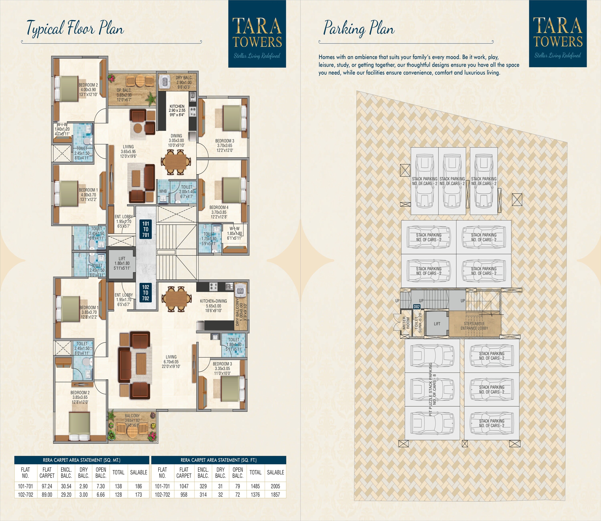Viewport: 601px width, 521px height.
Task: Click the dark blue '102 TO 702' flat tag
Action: (146, 293)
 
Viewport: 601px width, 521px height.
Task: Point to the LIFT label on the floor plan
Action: (122, 263)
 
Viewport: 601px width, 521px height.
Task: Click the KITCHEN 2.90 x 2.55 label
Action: (177, 110)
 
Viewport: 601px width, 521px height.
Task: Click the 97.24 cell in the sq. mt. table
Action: (47, 486)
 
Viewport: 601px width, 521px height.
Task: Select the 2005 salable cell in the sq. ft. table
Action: (275, 486)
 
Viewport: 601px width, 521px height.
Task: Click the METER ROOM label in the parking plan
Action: (406, 323)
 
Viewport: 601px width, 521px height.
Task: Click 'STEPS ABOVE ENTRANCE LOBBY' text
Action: (474, 326)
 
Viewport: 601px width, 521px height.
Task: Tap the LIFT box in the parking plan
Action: (437, 324)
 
